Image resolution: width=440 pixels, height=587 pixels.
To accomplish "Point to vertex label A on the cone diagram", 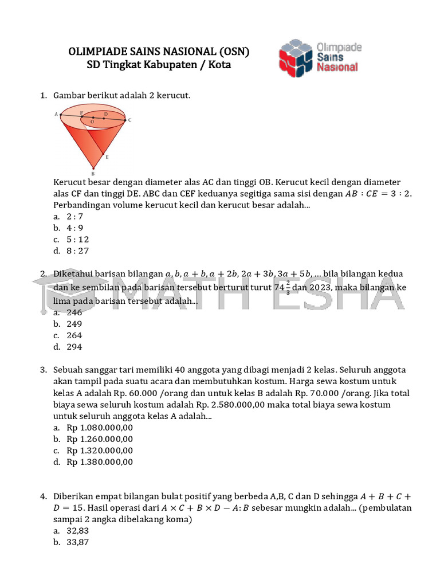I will (56, 115).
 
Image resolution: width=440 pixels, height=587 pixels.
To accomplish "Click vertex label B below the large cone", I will (93, 173).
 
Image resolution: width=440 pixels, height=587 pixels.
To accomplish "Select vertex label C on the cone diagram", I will (130, 120).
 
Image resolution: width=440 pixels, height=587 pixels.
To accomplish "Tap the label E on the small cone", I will (107, 156).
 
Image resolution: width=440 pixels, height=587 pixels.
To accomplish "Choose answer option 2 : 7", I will (75, 216).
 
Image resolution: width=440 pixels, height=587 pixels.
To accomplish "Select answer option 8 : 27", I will (77, 251).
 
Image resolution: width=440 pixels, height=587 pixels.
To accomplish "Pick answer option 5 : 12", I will (77, 239).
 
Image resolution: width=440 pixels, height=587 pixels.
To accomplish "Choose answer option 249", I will (74, 324).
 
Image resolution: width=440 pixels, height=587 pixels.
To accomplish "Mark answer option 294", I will (74, 347).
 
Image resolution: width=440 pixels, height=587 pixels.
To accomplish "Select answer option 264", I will (74, 335).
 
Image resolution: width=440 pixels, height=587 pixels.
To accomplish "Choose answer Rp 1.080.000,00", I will (100, 428).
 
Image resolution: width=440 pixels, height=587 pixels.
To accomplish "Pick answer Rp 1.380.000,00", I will (100, 461).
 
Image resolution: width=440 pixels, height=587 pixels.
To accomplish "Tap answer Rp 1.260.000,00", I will (100, 439).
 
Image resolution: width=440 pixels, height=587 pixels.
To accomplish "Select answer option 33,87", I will (78, 542).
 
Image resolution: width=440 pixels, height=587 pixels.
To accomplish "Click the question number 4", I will (44, 496).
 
